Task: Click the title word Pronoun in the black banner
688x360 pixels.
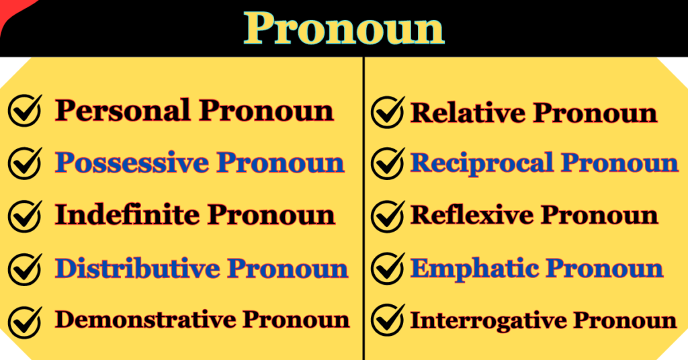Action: [344, 28]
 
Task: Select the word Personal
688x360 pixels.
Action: [122, 110]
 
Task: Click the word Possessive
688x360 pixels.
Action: [134, 163]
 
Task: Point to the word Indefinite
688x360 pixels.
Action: [127, 215]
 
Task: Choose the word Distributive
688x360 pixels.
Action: [137, 268]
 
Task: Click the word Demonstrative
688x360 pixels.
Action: [144, 320]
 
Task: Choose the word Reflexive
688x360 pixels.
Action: [472, 215]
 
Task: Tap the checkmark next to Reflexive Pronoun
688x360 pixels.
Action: [388, 216]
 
